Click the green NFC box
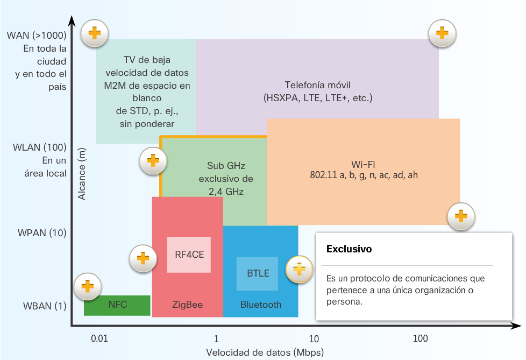point(117,305)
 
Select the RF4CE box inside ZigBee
point(189,255)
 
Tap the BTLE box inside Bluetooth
point(258,273)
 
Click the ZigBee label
point(187,305)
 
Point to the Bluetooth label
point(261,305)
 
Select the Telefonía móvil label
point(318,86)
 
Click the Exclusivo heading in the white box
point(349,250)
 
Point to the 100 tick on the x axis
point(421,338)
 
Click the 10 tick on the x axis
point(314,338)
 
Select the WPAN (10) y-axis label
point(42,233)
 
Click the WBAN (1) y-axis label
point(44,306)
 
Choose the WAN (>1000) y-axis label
point(37,36)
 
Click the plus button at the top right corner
point(442,34)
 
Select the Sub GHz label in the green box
point(226,166)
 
